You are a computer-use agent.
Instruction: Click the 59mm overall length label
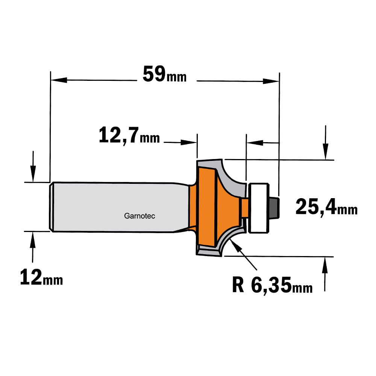point(165,74)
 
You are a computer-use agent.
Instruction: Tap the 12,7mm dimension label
point(129,135)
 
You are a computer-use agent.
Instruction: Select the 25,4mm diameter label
point(326,206)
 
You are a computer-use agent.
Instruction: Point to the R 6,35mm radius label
point(272,285)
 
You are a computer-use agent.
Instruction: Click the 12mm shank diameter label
point(41,277)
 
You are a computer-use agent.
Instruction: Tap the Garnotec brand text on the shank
point(139,216)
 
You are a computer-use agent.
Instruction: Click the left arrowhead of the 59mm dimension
point(59,80)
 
